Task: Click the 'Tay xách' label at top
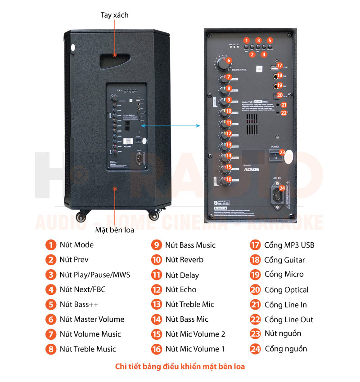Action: pyautogui.click(x=114, y=15)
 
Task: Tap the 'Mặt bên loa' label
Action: pyautogui.click(x=115, y=231)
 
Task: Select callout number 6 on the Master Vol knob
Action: pyautogui.click(x=229, y=60)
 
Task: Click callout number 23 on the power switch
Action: pyautogui.click(x=282, y=152)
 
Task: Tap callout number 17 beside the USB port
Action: pyautogui.click(x=279, y=66)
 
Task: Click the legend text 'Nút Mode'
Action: pyautogui.click(x=76, y=245)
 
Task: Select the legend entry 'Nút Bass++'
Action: pyautogui.click(x=79, y=305)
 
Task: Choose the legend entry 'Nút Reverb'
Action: pyautogui.click(x=184, y=260)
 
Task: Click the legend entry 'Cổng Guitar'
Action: pyautogui.click(x=284, y=260)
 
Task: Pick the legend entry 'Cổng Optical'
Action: pyautogui.click(x=286, y=290)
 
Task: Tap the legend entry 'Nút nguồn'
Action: pyautogui.click(x=283, y=333)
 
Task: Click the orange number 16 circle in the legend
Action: pyautogui.click(x=157, y=349)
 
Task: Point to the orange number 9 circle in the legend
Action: pyautogui.click(x=157, y=245)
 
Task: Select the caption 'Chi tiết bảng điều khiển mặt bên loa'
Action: pyautogui.click(x=180, y=367)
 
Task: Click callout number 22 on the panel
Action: pyautogui.click(x=283, y=113)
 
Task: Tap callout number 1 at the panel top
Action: pyautogui.click(x=247, y=40)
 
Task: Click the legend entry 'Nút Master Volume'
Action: pyautogui.click(x=92, y=320)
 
